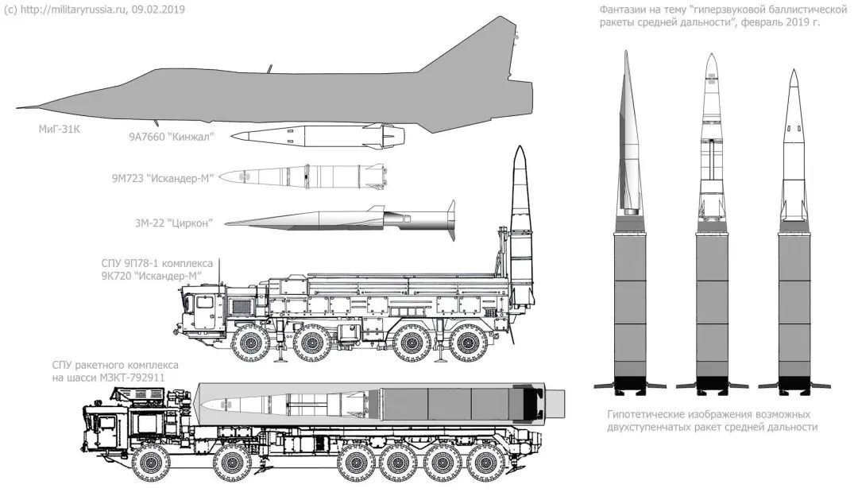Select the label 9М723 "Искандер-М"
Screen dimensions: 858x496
(162, 178)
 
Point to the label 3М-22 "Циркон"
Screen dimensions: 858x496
(173, 223)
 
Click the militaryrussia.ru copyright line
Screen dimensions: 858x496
(94, 10)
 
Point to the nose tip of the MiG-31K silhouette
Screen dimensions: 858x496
(17, 108)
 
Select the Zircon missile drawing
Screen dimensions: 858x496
(340, 220)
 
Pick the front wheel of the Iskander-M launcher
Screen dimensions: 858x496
(250, 344)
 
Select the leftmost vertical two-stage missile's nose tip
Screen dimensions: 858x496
(626, 52)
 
